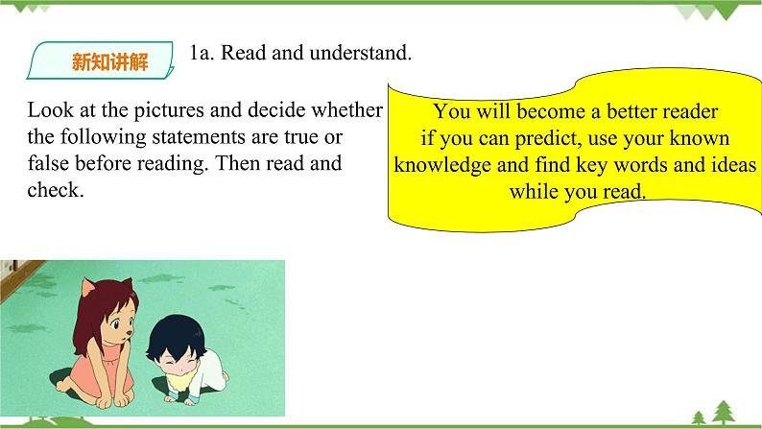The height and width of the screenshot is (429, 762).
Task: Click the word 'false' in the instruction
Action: (x=50, y=163)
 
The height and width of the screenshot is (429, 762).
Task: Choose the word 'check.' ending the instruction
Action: (x=57, y=190)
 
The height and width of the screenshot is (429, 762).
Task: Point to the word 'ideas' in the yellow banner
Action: (x=732, y=164)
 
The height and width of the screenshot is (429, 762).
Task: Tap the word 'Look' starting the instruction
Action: (x=50, y=110)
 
